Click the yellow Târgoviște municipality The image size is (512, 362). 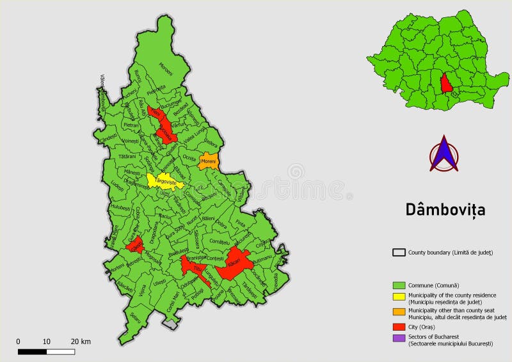(164, 181)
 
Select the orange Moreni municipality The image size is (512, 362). (209, 161)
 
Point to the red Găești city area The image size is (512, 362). (134, 246)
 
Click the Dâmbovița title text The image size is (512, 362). (445, 209)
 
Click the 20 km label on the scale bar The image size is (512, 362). (81, 342)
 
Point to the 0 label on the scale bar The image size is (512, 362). (18, 342)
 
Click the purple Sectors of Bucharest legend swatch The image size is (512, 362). (399, 337)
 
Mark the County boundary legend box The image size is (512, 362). (399, 253)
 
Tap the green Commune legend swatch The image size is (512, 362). (399, 285)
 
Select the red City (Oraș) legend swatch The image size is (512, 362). (399, 327)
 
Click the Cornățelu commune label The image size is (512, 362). (219, 242)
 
